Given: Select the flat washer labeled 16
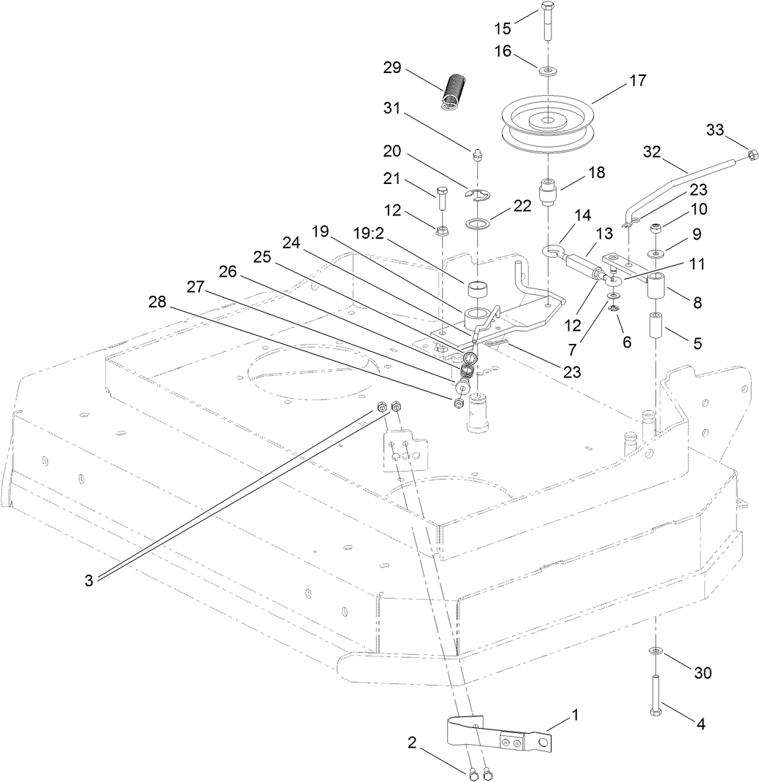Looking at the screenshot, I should tap(547, 71).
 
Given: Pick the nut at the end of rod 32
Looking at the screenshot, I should tap(750, 154).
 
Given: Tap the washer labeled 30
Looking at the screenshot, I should tap(655, 651).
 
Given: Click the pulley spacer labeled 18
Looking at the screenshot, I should tap(549, 193).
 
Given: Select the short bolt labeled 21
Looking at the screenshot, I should tap(442, 199).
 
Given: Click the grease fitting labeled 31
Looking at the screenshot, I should tap(476, 153).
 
